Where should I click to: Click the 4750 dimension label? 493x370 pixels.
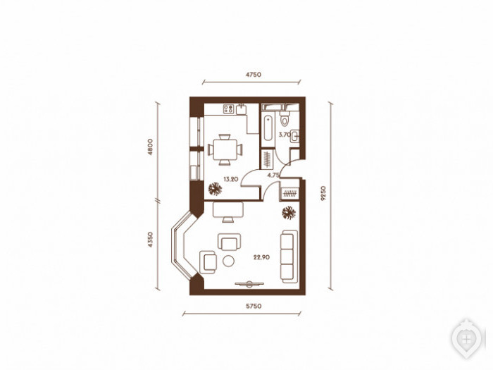[254, 75]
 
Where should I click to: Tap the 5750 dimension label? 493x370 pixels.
[254, 306]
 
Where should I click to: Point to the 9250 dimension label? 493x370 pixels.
[323, 194]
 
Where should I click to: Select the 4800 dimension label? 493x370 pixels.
[150, 147]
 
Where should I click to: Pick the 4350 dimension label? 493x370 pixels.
[150, 240]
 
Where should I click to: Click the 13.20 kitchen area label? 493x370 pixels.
[231, 179]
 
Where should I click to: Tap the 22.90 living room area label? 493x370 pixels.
[261, 257]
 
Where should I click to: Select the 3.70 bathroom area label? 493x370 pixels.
[285, 135]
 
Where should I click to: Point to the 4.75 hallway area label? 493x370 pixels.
[273, 175]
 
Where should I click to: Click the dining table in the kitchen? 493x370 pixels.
[225, 149]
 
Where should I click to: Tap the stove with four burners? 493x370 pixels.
[229, 109]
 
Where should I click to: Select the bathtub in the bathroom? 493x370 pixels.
[268, 128]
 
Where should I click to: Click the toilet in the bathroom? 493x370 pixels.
[285, 118]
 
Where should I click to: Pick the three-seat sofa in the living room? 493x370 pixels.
[289, 257]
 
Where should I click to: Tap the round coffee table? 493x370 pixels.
[229, 261]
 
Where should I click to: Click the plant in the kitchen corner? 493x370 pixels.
[216, 189]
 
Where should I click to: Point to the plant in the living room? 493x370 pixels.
[289, 213]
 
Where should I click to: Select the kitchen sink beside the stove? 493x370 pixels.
[242, 109]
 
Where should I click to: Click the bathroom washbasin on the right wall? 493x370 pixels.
[294, 136]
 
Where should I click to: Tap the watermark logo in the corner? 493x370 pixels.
[468, 339]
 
